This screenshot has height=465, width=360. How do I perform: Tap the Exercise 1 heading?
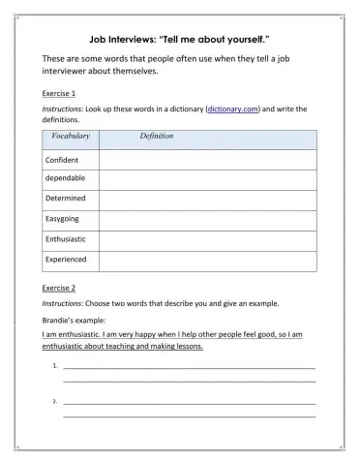(60, 94)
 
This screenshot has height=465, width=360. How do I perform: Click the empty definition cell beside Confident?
(206, 159)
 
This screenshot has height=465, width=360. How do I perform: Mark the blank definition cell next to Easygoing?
(206, 219)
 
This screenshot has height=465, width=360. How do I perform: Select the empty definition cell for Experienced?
(206, 259)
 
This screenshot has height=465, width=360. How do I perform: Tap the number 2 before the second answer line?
(55, 401)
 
